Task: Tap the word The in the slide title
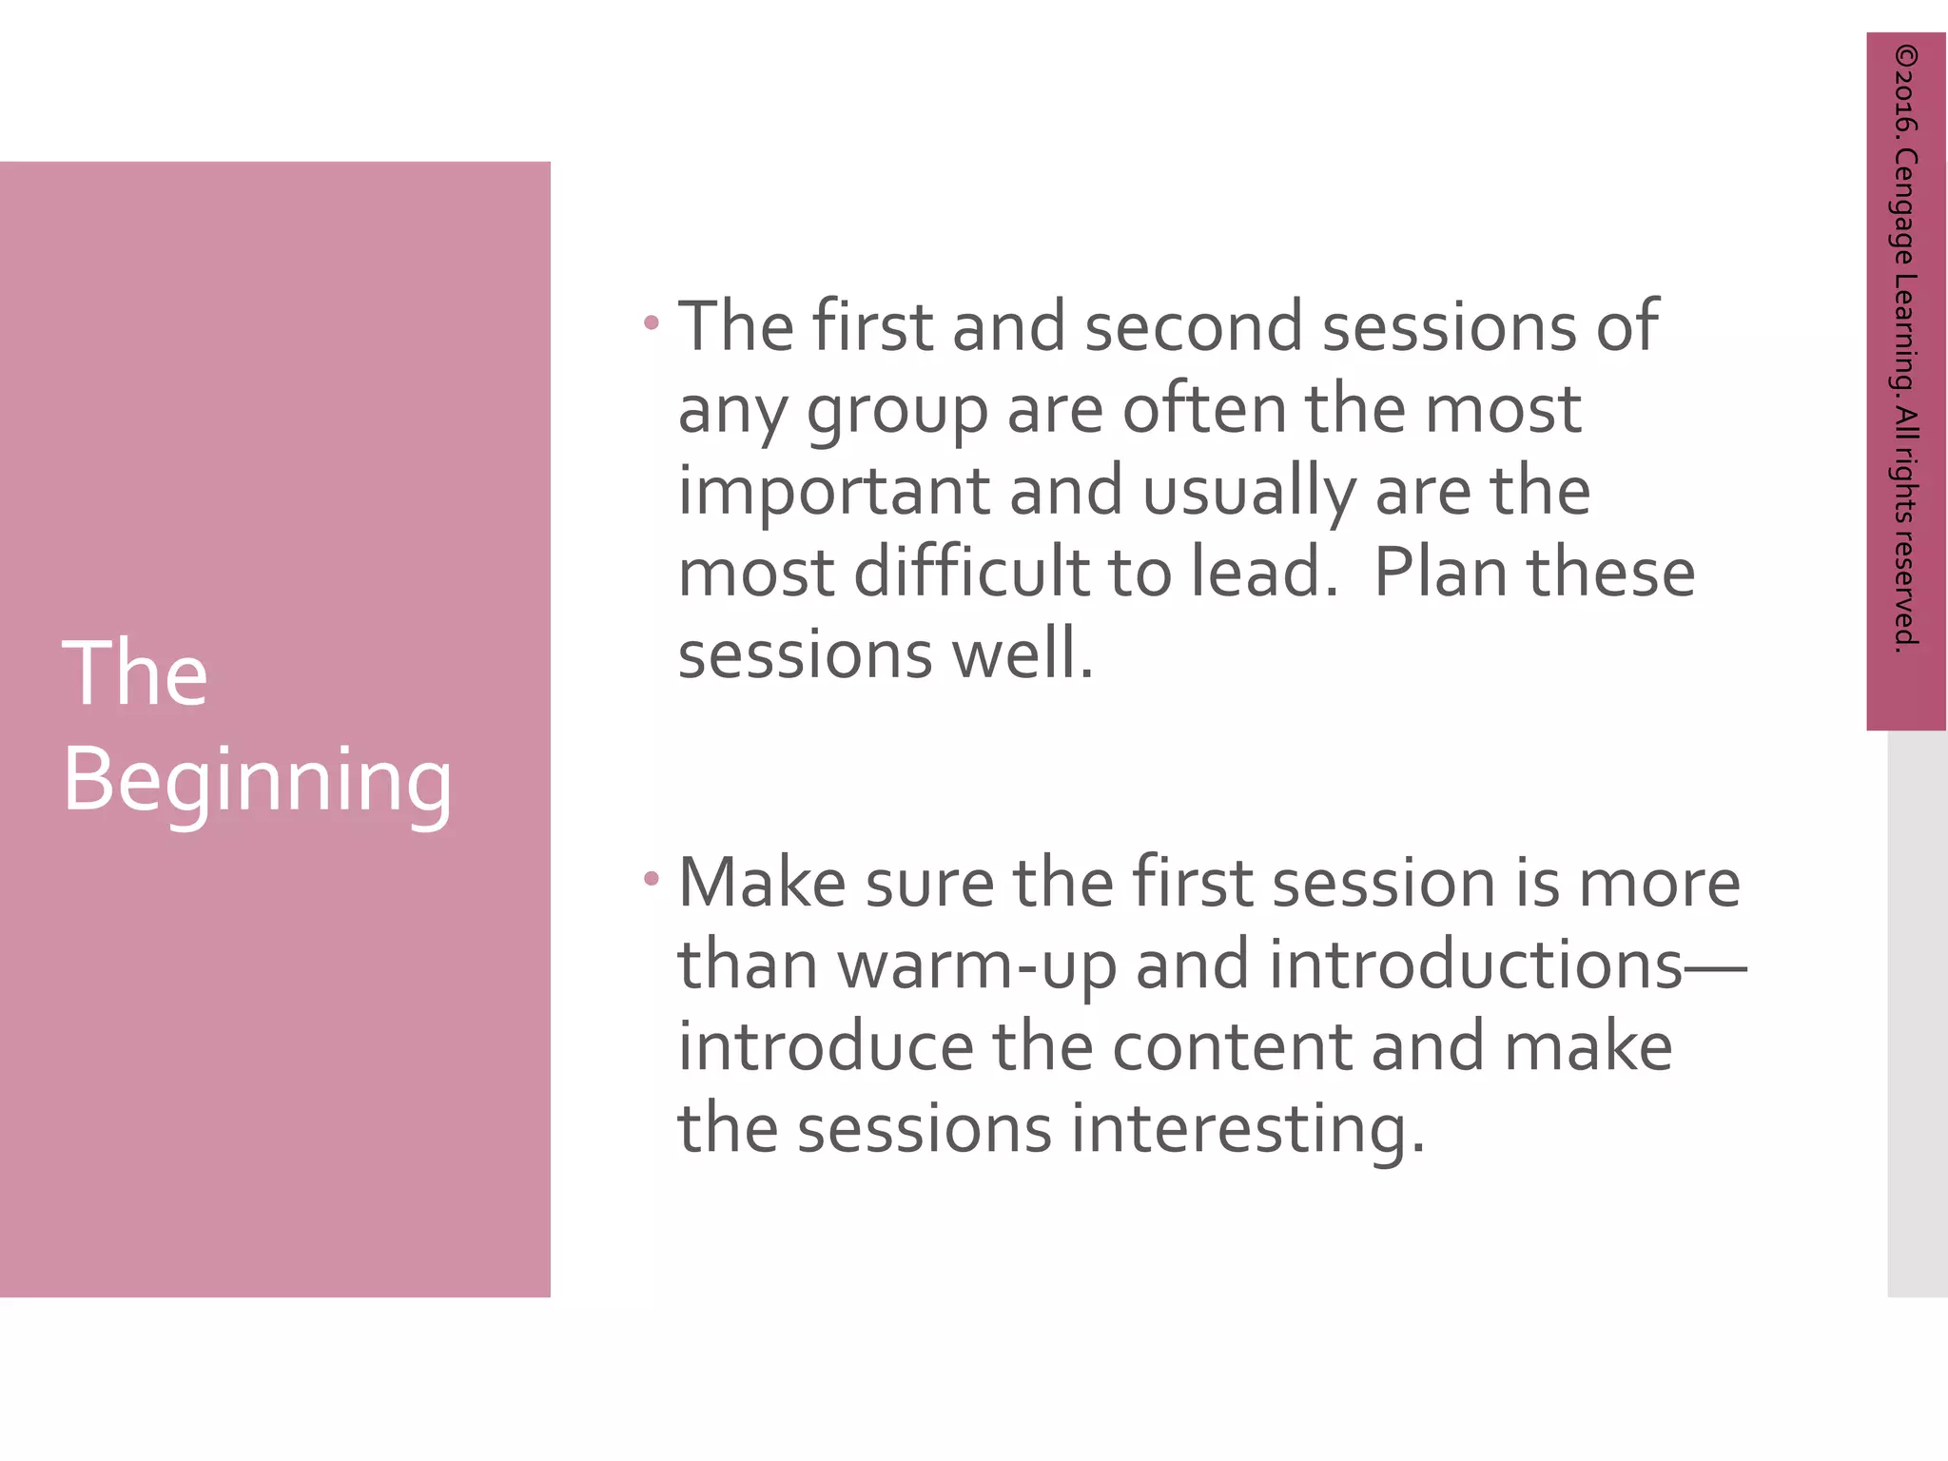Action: point(135,674)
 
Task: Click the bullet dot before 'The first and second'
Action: point(652,323)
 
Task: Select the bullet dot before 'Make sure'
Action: point(652,880)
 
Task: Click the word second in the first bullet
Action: point(1193,327)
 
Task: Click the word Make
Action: point(762,884)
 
